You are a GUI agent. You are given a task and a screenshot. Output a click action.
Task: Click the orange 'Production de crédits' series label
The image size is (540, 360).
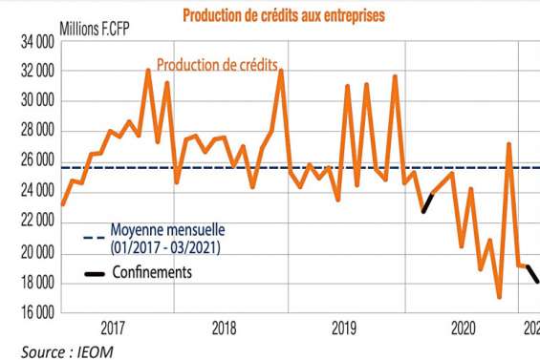tap(218, 64)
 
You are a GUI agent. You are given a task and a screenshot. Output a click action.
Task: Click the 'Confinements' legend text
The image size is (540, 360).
tap(151, 272)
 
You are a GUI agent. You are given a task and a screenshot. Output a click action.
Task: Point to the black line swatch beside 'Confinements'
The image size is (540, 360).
tap(95, 273)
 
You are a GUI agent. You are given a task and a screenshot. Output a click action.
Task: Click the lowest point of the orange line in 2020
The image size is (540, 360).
tap(499, 297)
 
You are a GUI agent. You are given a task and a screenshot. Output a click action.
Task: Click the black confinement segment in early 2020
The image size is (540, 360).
tap(428, 202)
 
